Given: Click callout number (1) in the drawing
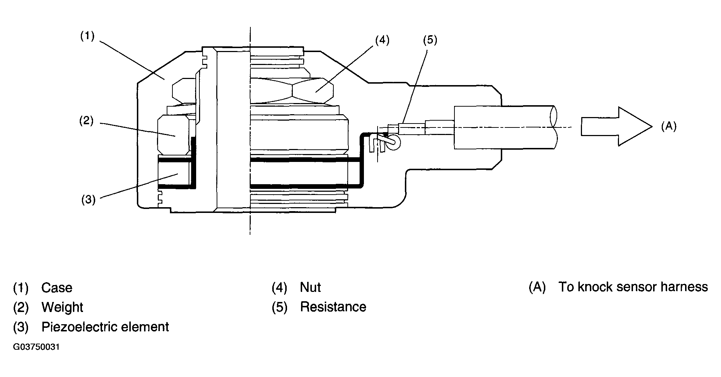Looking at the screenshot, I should point(87,36).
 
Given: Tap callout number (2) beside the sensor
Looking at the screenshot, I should point(86,121).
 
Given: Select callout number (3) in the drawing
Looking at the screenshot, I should point(88,199).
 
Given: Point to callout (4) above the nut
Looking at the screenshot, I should point(382,40).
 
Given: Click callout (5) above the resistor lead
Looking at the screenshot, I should point(430,40).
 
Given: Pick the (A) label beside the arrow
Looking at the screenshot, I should point(669,126).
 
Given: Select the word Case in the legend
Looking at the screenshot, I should point(57,288).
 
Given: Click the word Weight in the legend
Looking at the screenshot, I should point(62,308).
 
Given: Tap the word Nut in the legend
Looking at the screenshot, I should point(310,288).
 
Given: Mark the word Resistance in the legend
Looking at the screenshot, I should point(333,307).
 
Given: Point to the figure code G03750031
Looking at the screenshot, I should point(36,348).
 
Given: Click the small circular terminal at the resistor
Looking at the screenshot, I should point(393,143).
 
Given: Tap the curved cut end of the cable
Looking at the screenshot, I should point(554,127).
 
